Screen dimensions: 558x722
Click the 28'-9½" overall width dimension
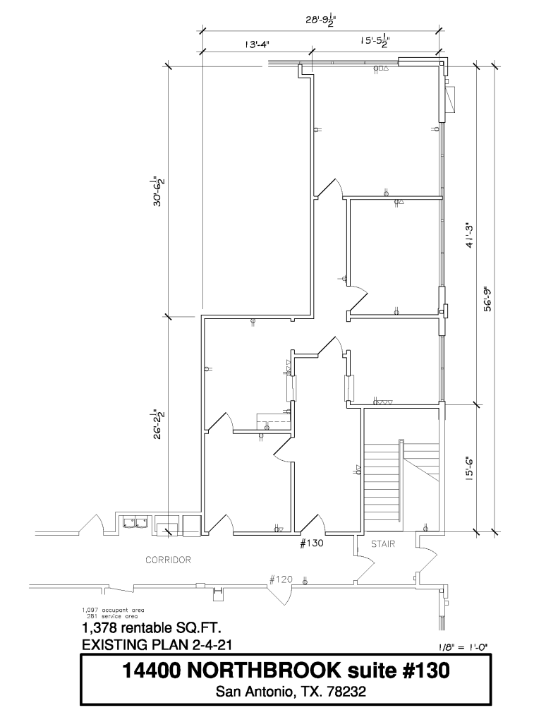[x=320, y=20]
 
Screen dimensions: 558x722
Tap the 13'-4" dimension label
[x=257, y=44]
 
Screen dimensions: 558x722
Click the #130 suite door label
[x=312, y=543]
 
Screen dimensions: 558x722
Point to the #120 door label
[x=281, y=579]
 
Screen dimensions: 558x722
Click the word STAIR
[x=383, y=544]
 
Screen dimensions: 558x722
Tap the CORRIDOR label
[x=168, y=560]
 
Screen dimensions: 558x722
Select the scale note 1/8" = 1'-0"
[x=462, y=646]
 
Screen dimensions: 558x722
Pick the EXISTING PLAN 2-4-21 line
[x=157, y=644]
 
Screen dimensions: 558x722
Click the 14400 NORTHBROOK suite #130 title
[x=286, y=670]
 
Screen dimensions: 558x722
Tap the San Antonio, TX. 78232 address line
[x=291, y=692]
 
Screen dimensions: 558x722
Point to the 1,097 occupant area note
[x=113, y=610]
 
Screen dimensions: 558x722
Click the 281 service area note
[x=111, y=615]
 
